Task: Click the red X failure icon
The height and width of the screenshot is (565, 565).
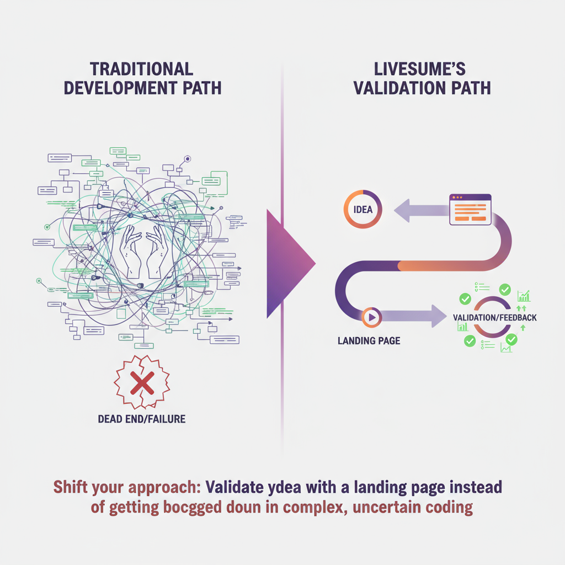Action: [141, 382]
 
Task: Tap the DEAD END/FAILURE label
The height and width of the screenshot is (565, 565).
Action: [141, 419]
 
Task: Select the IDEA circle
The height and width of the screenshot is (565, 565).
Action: [363, 210]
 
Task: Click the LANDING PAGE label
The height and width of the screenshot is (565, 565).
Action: [369, 340]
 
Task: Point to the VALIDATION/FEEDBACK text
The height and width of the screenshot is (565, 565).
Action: [494, 318]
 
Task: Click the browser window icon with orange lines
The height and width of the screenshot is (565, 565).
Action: [470, 209]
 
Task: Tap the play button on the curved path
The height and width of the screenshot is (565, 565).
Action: [370, 317]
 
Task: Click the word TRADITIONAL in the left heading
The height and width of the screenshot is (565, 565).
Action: [141, 69]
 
